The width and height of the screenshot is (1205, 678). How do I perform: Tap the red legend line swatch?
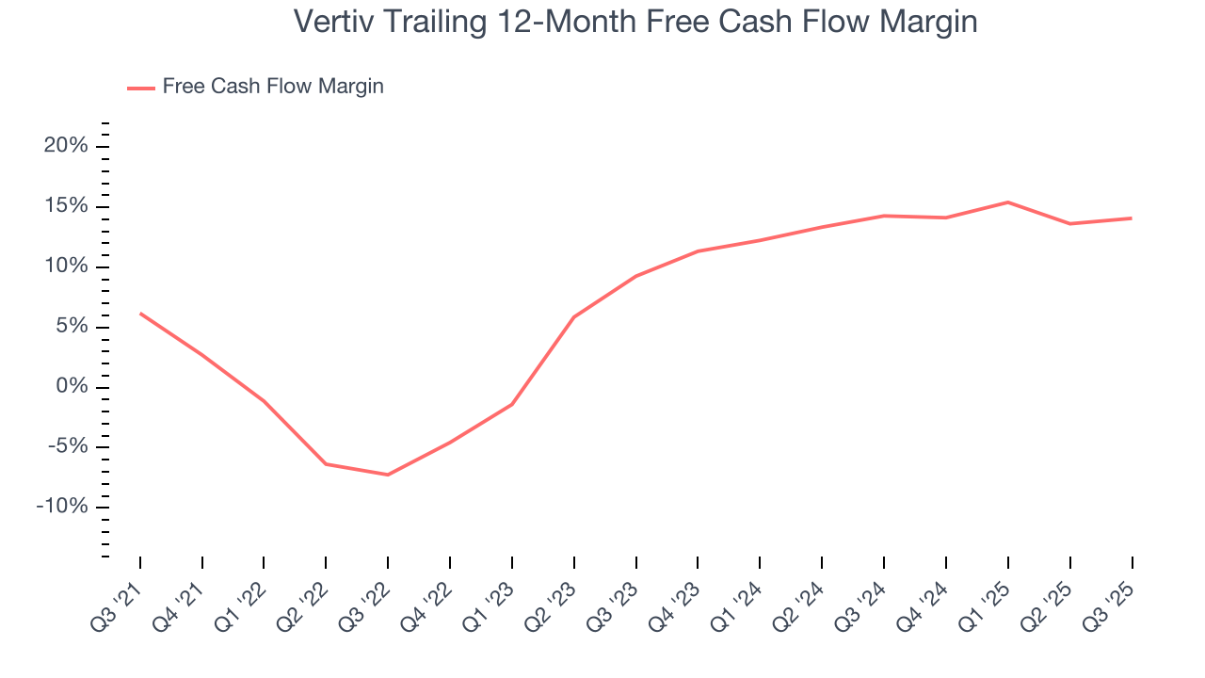[x=141, y=88]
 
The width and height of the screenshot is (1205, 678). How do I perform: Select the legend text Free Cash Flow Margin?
[x=273, y=87]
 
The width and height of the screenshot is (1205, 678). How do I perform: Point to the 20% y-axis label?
[x=65, y=146]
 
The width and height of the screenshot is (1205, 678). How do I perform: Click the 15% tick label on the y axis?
[x=66, y=206]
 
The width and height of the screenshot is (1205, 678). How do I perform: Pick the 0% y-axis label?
[x=72, y=387]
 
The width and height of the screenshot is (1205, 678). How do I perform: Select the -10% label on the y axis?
[x=62, y=508]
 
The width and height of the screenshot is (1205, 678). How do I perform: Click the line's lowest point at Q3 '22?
[x=388, y=475]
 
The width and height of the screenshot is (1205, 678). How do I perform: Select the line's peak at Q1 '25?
[x=1007, y=202]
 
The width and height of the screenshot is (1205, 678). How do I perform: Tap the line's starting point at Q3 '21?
[x=140, y=314]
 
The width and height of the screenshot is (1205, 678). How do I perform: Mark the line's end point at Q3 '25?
[x=1131, y=218]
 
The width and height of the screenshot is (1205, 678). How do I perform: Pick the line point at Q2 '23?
[x=573, y=317]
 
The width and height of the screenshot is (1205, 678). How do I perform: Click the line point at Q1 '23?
[x=511, y=405]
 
